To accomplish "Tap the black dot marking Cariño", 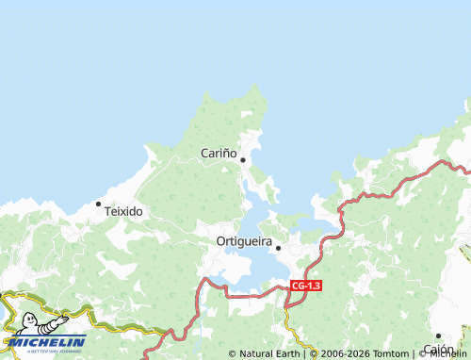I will pyautogui.click(x=243, y=159).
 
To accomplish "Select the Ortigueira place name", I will pyautogui.click(x=244, y=241).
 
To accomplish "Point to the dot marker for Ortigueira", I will pyautogui.click(x=278, y=248).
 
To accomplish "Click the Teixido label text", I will pyautogui.click(x=123, y=211).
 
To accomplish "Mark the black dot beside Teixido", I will pyautogui.click(x=98, y=203).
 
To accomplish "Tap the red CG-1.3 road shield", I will pyautogui.click(x=306, y=286).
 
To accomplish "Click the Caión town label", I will pyautogui.click(x=438, y=349).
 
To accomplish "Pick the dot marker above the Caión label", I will pyautogui.click(x=438, y=335).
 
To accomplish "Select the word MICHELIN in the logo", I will pyautogui.click(x=47, y=342).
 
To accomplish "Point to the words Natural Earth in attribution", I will pyautogui.click(x=270, y=354).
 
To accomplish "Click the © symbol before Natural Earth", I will pyautogui.click(x=233, y=354).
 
